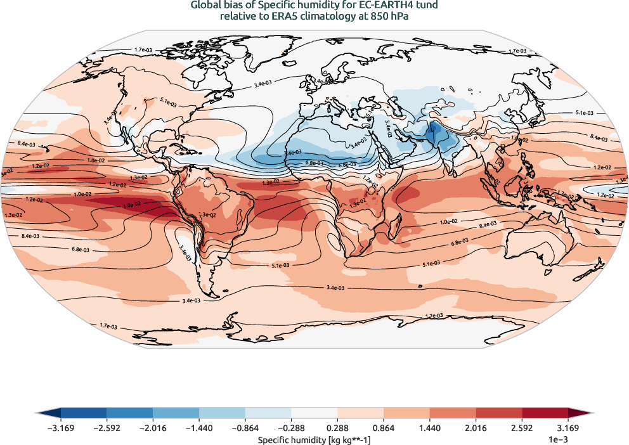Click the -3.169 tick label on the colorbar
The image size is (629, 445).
[x=61, y=429]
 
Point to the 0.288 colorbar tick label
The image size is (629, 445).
[x=337, y=429]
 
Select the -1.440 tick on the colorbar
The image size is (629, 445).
[x=199, y=429]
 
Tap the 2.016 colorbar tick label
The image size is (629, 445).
[x=476, y=429]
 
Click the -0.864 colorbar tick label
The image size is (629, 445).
[x=245, y=429]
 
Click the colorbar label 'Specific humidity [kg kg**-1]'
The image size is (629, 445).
[x=314, y=439]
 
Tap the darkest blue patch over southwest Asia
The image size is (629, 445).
[x=436, y=134]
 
